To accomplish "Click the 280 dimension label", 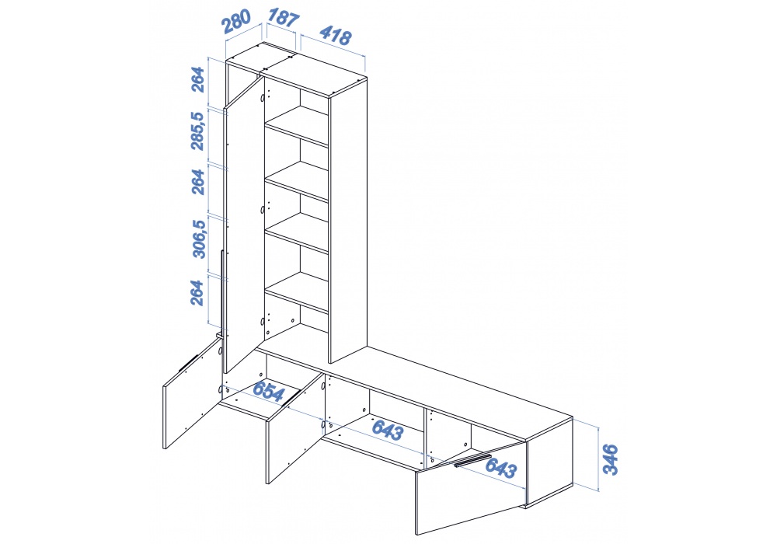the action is [x=236, y=21].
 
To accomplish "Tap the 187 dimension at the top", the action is [x=283, y=17].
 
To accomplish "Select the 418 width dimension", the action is [x=336, y=35].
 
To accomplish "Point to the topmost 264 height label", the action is [x=197, y=79].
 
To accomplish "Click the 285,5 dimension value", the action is [x=197, y=131].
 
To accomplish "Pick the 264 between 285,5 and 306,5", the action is [x=197, y=182].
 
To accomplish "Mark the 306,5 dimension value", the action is [x=198, y=239].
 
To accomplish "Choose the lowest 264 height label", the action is [x=197, y=292].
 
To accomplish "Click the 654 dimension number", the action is [x=269, y=391].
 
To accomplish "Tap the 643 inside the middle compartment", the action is [x=388, y=429].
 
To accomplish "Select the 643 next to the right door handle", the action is [x=500, y=468].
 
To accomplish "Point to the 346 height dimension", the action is [x=611, y=460].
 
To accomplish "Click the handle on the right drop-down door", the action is [x=472, y=460].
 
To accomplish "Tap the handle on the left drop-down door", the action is [x=188, y=362].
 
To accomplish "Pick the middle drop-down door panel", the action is [x=295, y=428].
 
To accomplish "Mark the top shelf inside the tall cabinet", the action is [x=296, y=127].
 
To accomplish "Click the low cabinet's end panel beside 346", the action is [x=549, y=462].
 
